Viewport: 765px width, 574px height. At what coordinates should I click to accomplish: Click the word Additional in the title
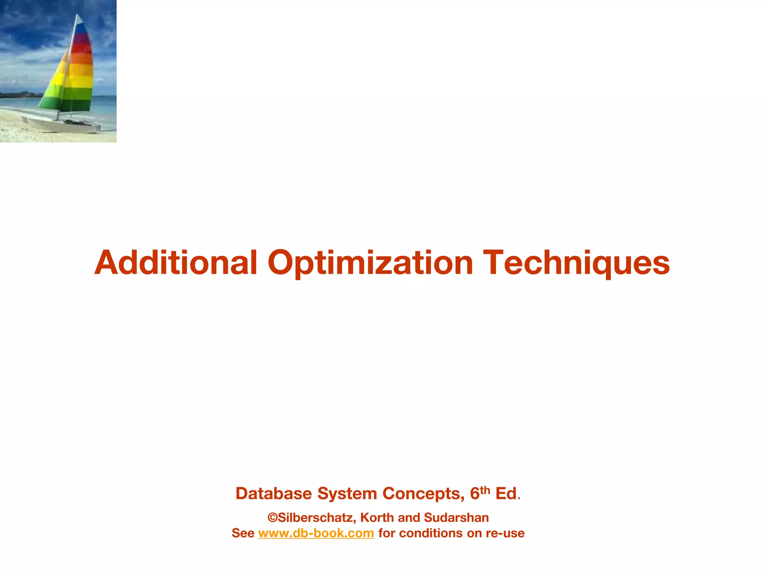[x=176, y=262]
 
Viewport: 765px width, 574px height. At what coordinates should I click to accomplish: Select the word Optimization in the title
[x=370, y=262]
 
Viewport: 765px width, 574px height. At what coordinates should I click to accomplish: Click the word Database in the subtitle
[x=273, y=494]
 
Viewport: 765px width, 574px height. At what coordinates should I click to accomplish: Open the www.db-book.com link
[x=316, y=533]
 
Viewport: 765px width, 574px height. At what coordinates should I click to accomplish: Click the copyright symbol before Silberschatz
[x=273, y=518]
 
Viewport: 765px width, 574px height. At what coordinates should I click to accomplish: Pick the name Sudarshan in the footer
[x=456, y=518]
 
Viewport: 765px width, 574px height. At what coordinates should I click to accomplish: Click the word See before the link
[x=243, y=533]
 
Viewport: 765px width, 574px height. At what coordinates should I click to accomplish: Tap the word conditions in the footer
[x=420, y=533]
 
